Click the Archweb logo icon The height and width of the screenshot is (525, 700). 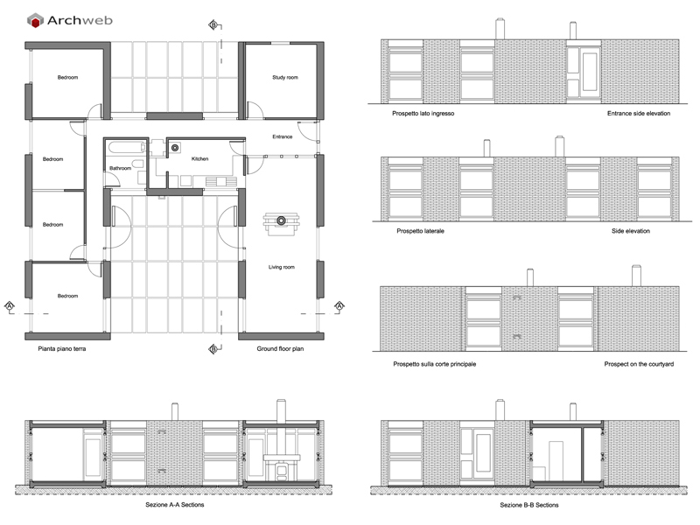pos(35,20)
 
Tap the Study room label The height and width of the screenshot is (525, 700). pos(285,77)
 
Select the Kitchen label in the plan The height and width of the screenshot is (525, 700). pos(199,158)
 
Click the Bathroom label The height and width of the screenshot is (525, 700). pos(120,168)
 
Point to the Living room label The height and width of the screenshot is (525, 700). pos(281,267)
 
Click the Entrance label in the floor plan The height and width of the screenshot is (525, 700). pos(282,136)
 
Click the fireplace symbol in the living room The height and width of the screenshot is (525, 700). pos(281,223)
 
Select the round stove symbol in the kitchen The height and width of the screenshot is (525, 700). pos(174,148)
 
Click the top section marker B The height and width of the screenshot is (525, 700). pos(213,25)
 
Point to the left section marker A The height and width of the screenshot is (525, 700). pos(10,305)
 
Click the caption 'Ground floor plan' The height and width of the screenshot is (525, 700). pos(280,348)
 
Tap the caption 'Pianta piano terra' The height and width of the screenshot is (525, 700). pos(61,348)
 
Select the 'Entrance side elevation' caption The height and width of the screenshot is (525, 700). pos(639,114)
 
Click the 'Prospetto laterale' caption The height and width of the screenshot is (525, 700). pos(420,231)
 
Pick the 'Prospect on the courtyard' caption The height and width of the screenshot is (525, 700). pos(639,364)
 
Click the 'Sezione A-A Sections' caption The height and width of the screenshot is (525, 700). pos(174,505)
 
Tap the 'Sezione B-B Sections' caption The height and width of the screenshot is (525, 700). pos(529,505)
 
